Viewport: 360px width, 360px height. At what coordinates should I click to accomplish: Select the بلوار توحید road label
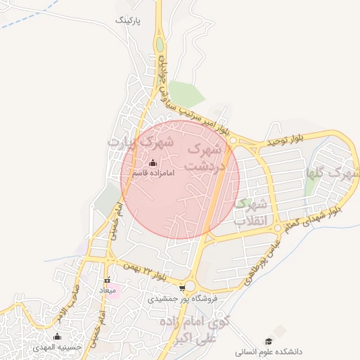(285, 141)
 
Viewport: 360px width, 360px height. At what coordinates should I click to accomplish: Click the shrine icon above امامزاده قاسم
(153, 163)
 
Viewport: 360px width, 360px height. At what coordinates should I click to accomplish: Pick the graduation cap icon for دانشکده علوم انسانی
(281, 330)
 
